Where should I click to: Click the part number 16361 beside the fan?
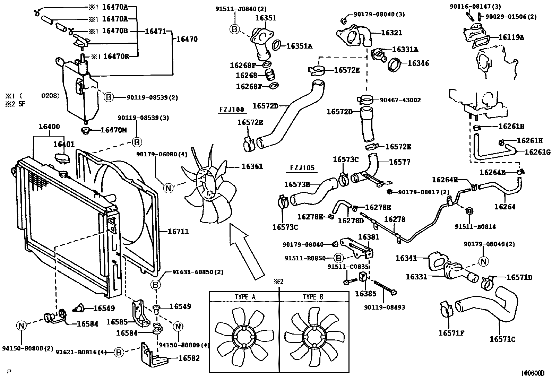[252, 166]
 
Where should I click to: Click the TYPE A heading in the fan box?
[245, 297]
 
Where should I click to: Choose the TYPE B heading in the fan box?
[313, 297]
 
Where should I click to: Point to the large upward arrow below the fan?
[244, 250]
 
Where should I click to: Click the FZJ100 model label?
[232, 110]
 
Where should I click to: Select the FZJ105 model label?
[302, 168]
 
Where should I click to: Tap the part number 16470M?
[113, 130]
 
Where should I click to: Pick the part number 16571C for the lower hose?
[502, 339]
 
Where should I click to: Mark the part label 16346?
[418, 63]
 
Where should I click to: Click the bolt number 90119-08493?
[384, 307]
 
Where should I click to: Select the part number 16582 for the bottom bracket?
[189, 358]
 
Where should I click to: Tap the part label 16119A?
[511, 37]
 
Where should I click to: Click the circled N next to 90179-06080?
[169, 188]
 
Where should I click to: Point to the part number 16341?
[406, 258]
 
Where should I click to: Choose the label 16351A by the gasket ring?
[299, 45]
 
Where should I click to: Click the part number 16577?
[399, 162]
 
